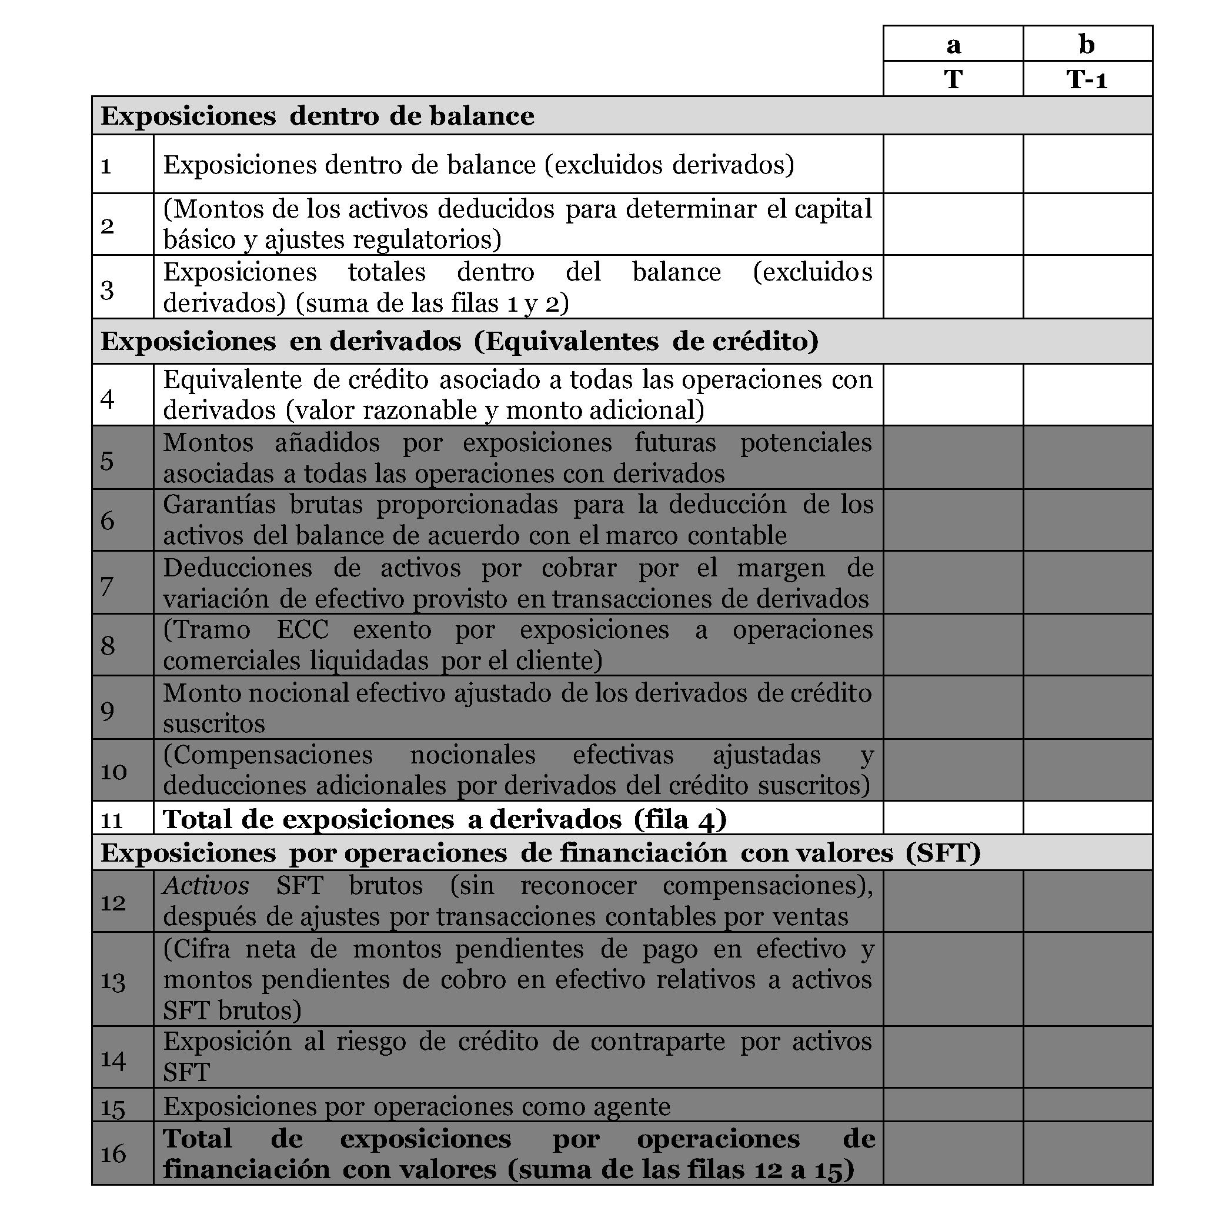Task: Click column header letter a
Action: [x=953, y=45]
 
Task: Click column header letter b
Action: [x=1087, y=44]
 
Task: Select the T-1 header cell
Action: [x=1087, y=79]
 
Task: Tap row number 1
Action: [x=106, y=166]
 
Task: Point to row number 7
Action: [x=107, y=585]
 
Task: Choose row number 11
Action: [x=112, y=820]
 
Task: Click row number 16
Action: [x=113, y=1154]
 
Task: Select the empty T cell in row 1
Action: [x=953, y=164]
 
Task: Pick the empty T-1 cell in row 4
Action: [x=1087, y=395]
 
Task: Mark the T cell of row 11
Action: [x=953, y=819]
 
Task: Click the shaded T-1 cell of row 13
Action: [x=1087, y=979]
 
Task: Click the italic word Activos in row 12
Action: [x=206, y=886]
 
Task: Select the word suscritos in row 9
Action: [x=214, y=724]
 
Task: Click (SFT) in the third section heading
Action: [x=943, y=853]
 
